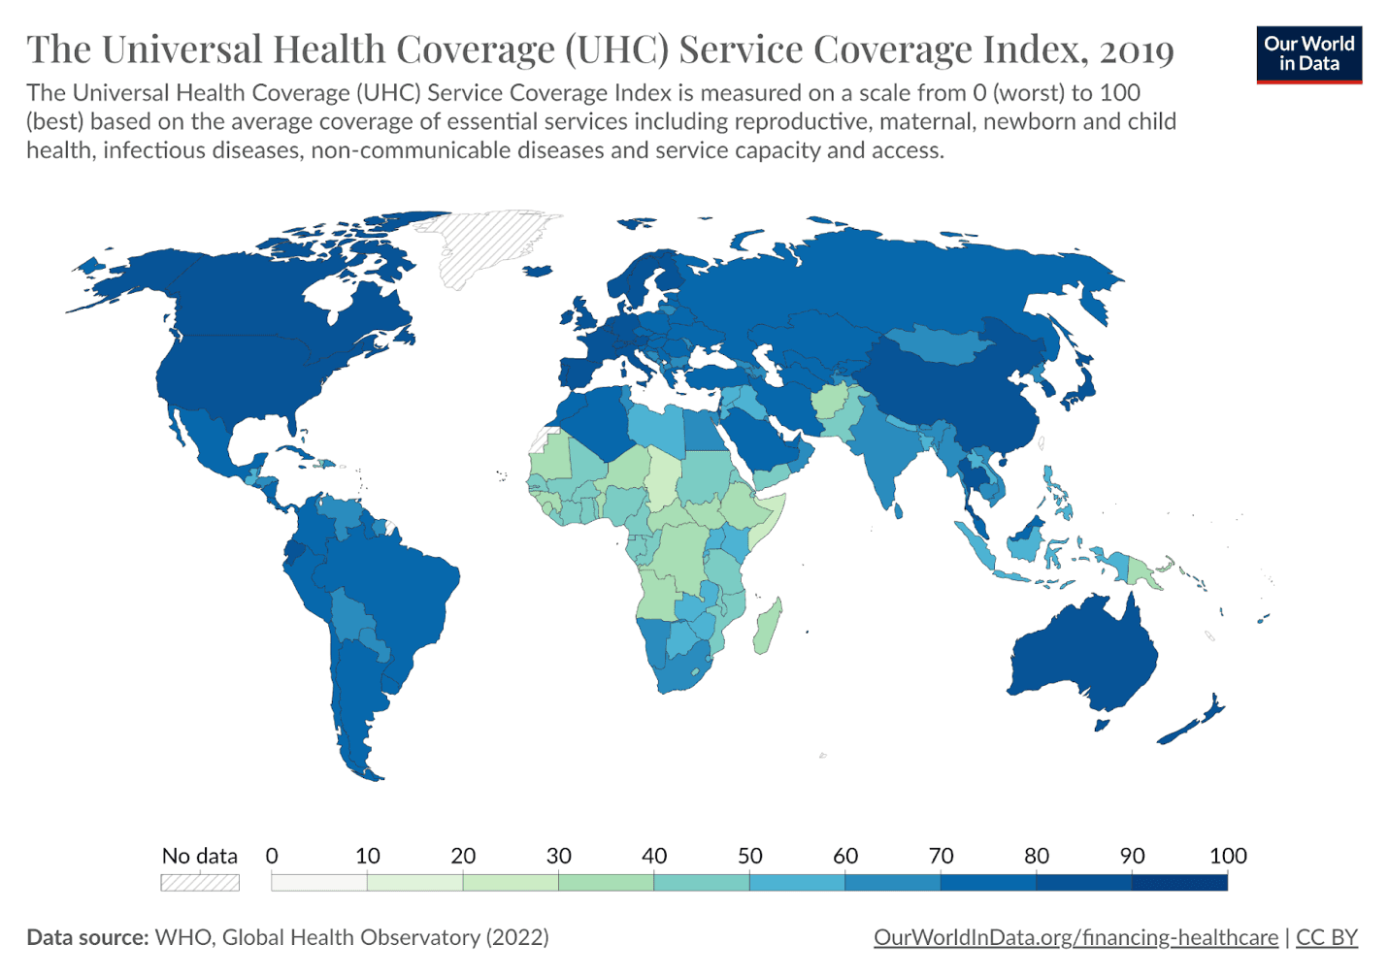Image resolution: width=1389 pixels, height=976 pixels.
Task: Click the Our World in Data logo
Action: point(1308,54)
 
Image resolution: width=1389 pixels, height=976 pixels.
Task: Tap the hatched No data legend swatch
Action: point(200,882)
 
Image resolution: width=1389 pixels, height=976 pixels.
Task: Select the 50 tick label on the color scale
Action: point(749,856)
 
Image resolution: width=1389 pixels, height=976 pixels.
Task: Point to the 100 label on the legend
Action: point(1228,856)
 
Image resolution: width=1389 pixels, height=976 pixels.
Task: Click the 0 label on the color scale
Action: point(272,856)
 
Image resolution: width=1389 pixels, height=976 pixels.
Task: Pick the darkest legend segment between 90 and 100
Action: point(1180,882)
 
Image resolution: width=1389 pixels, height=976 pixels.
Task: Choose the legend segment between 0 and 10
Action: point(319,882)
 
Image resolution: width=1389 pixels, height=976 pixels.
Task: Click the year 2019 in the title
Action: point(1137,49)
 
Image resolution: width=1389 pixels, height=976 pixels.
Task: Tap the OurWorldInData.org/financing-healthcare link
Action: point(1075,937)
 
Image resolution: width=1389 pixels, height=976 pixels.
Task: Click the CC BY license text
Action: point(1327,937)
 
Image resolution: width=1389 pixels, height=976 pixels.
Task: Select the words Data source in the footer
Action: point(87,937)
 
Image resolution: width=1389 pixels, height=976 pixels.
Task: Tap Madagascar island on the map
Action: point(768,626)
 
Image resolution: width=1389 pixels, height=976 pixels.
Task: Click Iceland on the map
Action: point(538,272)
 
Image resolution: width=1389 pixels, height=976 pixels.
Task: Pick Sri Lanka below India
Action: point(899,510)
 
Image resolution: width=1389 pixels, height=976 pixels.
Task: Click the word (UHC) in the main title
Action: point(617,49)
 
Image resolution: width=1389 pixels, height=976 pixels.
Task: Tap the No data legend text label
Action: point(200,856)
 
